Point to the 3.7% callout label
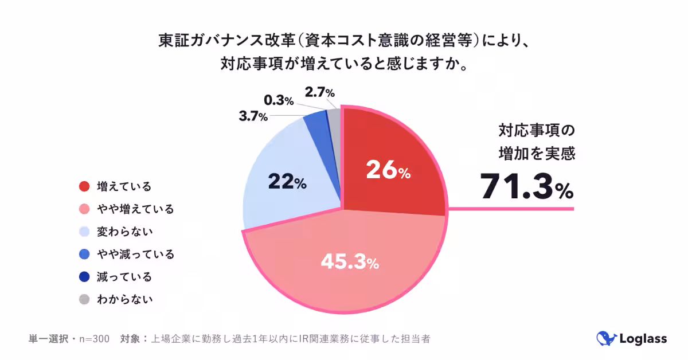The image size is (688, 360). [x=253, y=117]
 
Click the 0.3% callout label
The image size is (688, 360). [x=279, y=101]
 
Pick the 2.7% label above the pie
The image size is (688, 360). [x=320, y=92]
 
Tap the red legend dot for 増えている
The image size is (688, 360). [x=85, y=186]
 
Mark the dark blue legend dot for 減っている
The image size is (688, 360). [x=85, y=277]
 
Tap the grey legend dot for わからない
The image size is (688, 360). [x=85, y=299]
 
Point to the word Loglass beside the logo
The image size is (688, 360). [x=643, y=339]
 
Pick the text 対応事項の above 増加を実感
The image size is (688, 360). [x=535, y=131]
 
